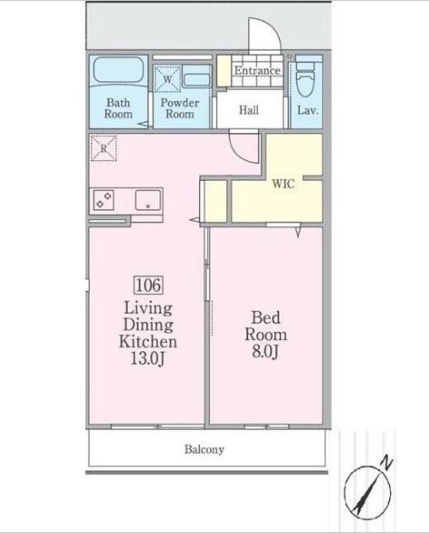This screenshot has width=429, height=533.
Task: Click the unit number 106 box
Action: pyautogui.click(x=149, y=285)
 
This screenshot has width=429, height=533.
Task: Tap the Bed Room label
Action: pyautogui.click(x=266, y=326)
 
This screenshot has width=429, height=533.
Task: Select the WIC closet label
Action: pyautogui.click(x=283, y=184)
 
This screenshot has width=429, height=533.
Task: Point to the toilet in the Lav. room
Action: pyautogui.click(x=306, y=77)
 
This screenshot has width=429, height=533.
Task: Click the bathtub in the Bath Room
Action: pyautogui.click(x=119, y=70)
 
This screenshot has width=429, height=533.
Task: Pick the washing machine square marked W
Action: pyautogui.click(x=167, y=79)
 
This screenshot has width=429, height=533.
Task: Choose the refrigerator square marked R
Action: pyautogui.click(x=104, y=148)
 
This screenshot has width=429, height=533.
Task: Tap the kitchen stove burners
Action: pyautogui.click(x=104, y=199)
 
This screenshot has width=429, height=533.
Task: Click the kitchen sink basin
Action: pyautogui.click(x=148, y=200)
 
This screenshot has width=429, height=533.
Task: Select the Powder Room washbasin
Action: pyautogui.click(x=196, y=81)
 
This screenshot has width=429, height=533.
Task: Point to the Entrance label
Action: pyautogui.click(x=258, y=71)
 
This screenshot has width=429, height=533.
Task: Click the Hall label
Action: pyautogui.click(x=249, y=110)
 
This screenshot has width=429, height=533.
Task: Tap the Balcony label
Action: pyautogui.click(x=205, y=450)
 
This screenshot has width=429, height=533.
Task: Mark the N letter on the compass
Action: pyautogui.click(x=386, y=463)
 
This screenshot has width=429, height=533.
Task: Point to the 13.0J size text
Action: pyautogui.click(x=148, y=358)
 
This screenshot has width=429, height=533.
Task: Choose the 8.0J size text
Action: pyautogui.click(x=265, y=351)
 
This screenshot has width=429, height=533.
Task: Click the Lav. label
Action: pyautogui.click(x=308, y=110)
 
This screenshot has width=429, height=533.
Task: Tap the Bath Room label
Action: pyautogui.click(x=119, y=108)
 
